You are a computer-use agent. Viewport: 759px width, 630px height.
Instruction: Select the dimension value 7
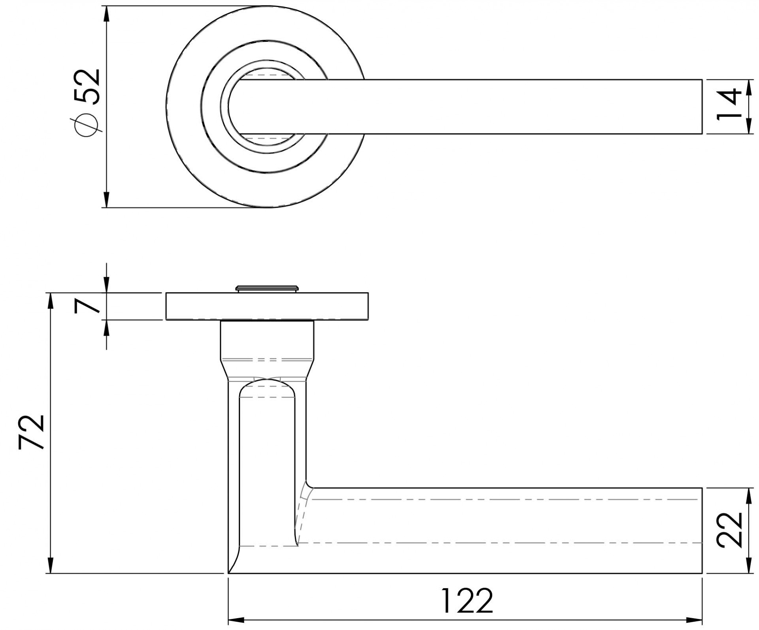(x=88, y=306)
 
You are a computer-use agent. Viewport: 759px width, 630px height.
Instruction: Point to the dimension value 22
(x=729, y=530)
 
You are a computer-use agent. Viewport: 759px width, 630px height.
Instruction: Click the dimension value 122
(x=467, y=602)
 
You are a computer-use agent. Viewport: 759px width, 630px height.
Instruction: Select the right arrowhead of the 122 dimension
(x=694, y=619)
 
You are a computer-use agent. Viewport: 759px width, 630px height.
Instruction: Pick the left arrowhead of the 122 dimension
(x=237, y=619)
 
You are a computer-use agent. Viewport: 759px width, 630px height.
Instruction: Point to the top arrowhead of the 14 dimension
(x=748, y=88)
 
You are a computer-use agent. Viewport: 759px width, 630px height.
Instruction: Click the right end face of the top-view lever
(x=702, y=107)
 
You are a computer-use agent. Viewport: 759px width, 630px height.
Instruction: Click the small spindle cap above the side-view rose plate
(x=266, y=288)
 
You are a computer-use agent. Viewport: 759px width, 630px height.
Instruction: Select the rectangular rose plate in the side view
(x=267, y=306)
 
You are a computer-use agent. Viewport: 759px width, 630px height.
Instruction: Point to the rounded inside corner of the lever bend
(x=309, y=485)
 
